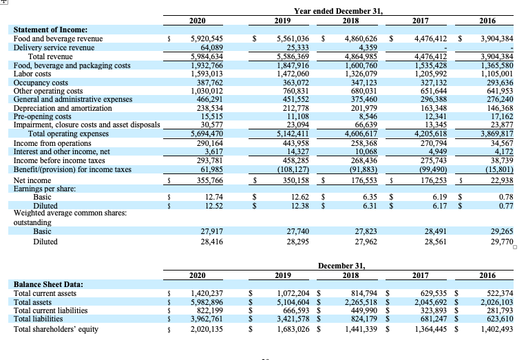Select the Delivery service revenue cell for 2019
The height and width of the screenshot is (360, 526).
pyautogui.click(x=294, y=48)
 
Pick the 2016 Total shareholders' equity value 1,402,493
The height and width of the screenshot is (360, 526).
pyautogui.click(x=494, y=329)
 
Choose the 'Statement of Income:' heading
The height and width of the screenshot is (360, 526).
pyautogui.click(x=51, y=30)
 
